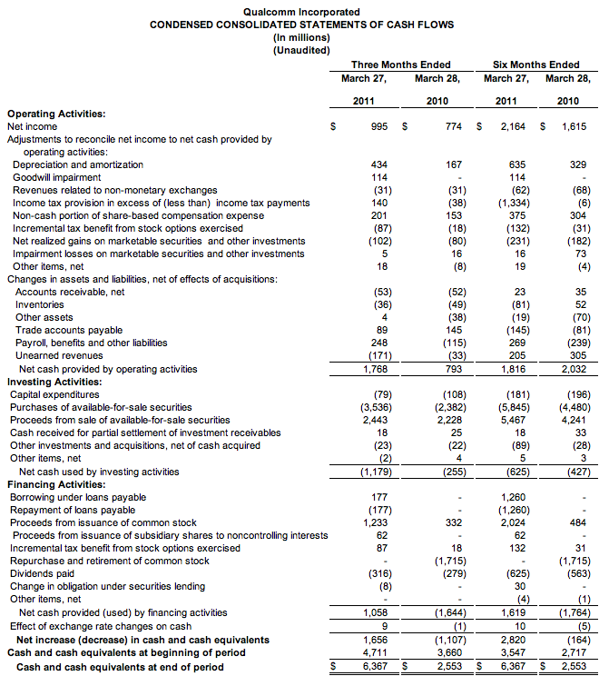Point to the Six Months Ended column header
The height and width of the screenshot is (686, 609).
(x=535, y=65)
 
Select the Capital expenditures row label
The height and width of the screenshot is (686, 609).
(x=54, y=395)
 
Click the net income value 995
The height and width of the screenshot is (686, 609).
(x=379, y=126)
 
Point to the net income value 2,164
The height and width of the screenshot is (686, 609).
(x=515, y=126)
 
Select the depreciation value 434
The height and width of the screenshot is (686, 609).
(x=379, y=164)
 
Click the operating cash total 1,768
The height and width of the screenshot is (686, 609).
(x=375, y=369)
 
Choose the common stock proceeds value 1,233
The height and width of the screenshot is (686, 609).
(x=375, y=522)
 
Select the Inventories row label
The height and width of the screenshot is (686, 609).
(x=40, y=304)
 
